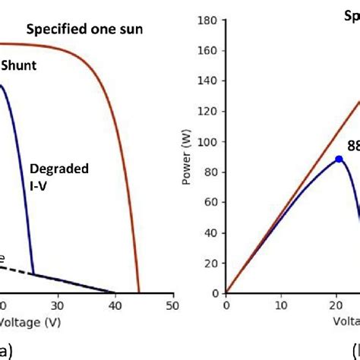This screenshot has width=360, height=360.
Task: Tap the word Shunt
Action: coord(18,66)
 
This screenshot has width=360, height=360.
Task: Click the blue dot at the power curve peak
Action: coord(339,159)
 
